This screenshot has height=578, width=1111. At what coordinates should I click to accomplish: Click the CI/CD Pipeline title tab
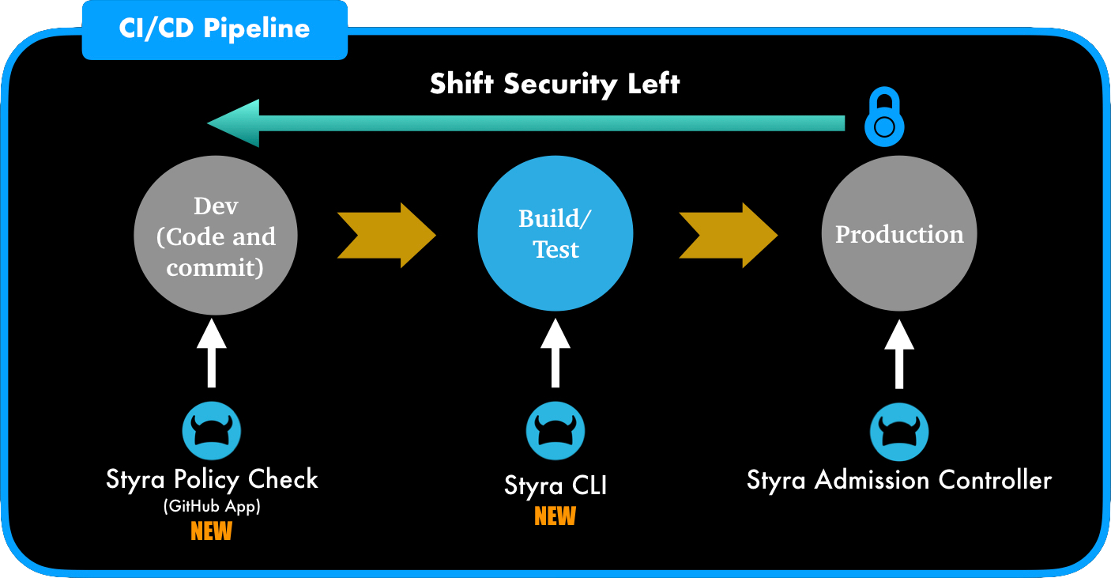(215, 30)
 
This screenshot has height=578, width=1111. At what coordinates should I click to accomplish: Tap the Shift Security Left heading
(555, 83)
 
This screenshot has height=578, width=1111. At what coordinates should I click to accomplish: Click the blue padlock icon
(884, 116)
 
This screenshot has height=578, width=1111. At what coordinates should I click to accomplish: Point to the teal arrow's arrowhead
(233, 123)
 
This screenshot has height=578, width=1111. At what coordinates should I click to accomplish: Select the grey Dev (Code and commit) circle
(216, 235)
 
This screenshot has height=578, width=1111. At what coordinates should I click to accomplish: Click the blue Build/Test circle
(555, 233)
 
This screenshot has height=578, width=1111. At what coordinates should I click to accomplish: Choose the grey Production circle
(899, 233)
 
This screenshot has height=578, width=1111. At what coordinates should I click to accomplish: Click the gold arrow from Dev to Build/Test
(387, 235)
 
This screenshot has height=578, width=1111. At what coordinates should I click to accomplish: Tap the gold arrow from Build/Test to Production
(728, 235)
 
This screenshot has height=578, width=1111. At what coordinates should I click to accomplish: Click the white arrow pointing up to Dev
(212, 353)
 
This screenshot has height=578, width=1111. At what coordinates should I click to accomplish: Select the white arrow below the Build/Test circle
(555, 353)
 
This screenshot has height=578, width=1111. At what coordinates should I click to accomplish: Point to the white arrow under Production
(899, 353)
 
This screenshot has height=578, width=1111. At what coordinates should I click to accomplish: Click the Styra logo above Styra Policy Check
(212, 431)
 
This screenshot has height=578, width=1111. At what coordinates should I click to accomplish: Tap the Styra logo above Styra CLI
(555, 431)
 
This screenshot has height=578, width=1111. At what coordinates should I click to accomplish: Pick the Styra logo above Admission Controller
(899, 432)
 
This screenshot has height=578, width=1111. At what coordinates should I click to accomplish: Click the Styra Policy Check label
(212, 480)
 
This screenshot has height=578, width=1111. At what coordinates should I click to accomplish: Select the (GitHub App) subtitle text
(212, 507)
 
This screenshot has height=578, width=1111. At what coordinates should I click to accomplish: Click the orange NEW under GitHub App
(212, 531)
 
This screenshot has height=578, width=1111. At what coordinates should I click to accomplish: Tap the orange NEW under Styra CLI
(555, 516)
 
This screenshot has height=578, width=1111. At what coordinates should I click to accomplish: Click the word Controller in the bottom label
(995, 480)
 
